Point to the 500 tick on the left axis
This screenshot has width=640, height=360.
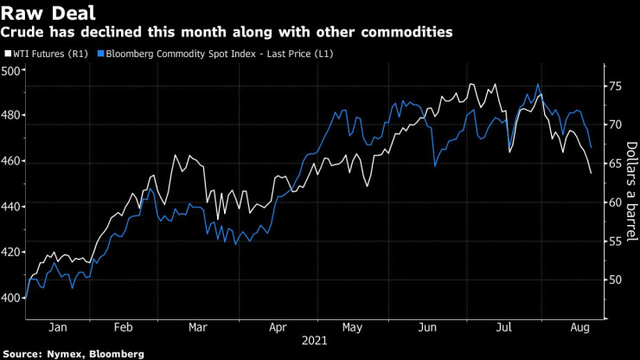click(12, 70)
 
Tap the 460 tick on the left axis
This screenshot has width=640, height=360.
click(12, 161)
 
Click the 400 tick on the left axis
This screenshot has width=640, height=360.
click(12, 298)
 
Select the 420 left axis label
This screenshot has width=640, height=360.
click(12, 252)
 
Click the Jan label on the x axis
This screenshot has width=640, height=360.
click(58, 328)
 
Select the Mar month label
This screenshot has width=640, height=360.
click(199, 328)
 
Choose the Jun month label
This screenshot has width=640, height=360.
click(426, 328)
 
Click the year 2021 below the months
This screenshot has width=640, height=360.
click(315, 342)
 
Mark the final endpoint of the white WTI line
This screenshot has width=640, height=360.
click(591, 173)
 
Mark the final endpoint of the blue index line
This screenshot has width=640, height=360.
click(591, 147)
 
